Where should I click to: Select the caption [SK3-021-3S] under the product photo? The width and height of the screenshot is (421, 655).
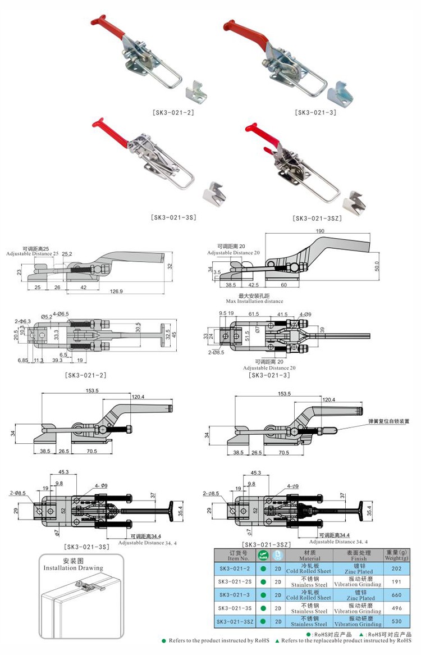coord(173,216)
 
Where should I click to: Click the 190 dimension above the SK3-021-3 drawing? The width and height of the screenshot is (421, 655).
coord(320,231)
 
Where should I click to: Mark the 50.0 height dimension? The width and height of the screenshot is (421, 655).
coord(378,265)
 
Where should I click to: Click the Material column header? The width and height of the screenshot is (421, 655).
coord(309,555)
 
